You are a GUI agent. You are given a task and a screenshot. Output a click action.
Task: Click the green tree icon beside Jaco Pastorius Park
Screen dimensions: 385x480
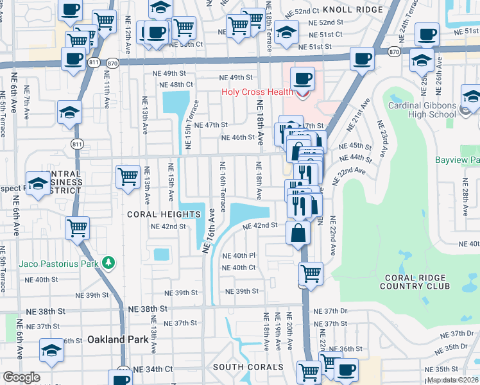pyautogui.click(x=109, y=262)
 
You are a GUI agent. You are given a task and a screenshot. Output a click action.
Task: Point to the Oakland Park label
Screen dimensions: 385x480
pyautogui.click(x=114, y=338)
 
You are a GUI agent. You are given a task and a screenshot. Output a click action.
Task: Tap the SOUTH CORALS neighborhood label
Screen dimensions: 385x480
pyautogui.click(x=248, y=367)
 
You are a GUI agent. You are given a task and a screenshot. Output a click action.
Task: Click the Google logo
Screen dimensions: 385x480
pyautogui.click(x=21, y=377)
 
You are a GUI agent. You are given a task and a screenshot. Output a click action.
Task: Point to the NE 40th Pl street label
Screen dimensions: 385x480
pyautogui.click(x=239, y=255)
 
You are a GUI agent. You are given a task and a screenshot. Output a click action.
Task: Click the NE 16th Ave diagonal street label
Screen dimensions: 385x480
pyautogui.click(x=209, y=230)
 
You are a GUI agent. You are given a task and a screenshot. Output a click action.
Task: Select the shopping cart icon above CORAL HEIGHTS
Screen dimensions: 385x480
pyautogui.click(x=128, y=176)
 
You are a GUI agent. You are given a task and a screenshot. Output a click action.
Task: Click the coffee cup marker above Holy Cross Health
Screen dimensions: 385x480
pyautogui.click(x=302, y=80)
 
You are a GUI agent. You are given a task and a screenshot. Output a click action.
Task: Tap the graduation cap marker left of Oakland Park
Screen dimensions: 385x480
pyautogui.click(x=51, y=350)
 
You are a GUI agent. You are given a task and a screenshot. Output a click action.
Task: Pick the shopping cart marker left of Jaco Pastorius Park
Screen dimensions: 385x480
pyautogui.click(x=78, y=227)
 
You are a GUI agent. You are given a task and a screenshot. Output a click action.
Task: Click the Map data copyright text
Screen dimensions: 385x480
pyautogui.click(x=452, y=380)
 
